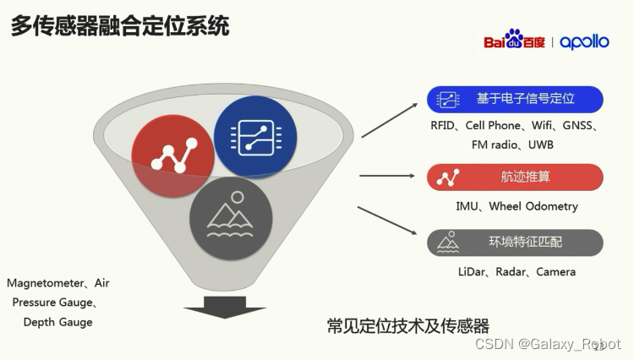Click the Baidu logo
click(x=514, y=39)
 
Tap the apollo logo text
click(x=584, y=42)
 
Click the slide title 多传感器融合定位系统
click(x=120, y=25)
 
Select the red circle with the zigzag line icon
click(x=172, y=156)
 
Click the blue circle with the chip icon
click(x=255, y=138)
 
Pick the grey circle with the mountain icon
click(x=231, y=218)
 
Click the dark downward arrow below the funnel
click(x=225, y=307)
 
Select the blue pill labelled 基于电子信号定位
click(x=515, y=100)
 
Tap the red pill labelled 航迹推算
click(x=515, y=177)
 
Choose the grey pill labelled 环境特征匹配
click(x=515, y=243)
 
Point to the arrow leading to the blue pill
click(x=389, y=120)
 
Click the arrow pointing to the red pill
click(x=387, y=176)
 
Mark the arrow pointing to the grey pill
click(x=387, y=221)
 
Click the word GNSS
click(x=577, y=126)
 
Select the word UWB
click(x=541, y=145)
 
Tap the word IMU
click(x=467, y=206)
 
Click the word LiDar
click(x=471, y=272)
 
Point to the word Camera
click(x=555, y=272)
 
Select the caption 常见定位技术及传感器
click(x=408, y=326)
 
